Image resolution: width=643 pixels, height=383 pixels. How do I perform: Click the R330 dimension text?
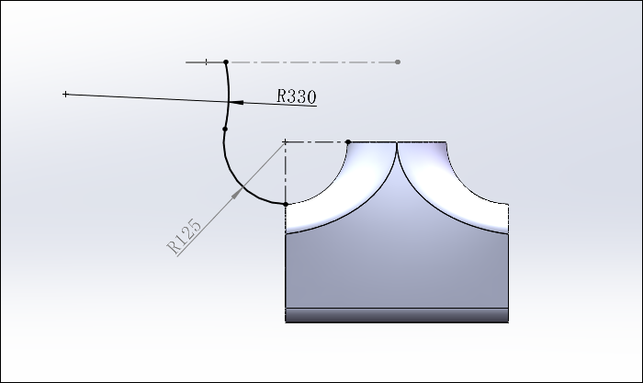(x=297, y=96)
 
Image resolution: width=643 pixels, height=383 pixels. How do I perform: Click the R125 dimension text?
(x=184, y=236)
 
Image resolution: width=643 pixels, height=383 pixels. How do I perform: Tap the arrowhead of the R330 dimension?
(x=236, y=102)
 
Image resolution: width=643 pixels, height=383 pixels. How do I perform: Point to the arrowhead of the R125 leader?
(x=238, y=193)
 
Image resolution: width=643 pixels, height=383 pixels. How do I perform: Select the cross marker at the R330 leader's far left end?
(x=65, y=95)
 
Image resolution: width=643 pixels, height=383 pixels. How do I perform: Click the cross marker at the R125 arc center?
(x=286, y=141)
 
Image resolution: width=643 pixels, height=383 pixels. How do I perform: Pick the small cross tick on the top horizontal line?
(x=207, y=62)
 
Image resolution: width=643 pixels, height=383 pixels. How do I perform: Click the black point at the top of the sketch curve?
(x=226, y=62)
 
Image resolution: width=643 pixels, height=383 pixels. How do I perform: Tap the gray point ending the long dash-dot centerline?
(x=398, y=62)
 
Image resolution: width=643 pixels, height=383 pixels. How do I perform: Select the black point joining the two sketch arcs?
(x=225, y=130)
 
